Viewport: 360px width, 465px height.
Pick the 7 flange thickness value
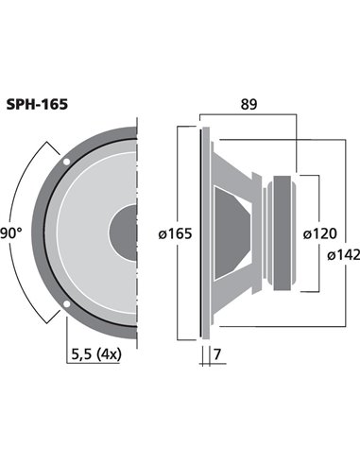218,354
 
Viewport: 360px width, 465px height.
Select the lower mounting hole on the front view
66,303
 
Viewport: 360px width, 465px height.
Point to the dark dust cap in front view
124,232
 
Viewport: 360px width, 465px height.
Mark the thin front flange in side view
203,232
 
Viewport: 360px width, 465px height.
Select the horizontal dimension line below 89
248,116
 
